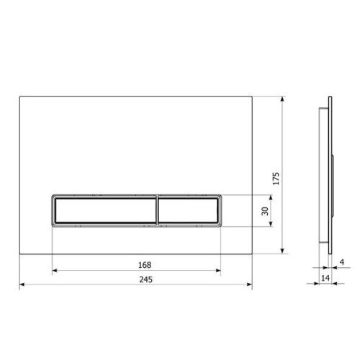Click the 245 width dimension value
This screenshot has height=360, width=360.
click(x=145, y=279)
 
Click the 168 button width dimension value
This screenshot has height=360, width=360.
click(x=145, y=265)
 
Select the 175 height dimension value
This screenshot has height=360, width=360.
click(x=276, y=179)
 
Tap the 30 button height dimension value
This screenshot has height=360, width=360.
click(x=265, y=211)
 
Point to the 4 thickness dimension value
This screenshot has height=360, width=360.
click(x=342, y=262)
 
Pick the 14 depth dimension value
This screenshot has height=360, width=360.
click(x=325, y=278)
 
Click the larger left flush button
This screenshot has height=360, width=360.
click(x=105, y=211)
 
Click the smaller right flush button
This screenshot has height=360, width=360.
click(x=189, y=211)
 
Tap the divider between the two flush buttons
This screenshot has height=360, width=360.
click(x=157, y=211)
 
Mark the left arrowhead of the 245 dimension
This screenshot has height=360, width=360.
click(x=22, y=284)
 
